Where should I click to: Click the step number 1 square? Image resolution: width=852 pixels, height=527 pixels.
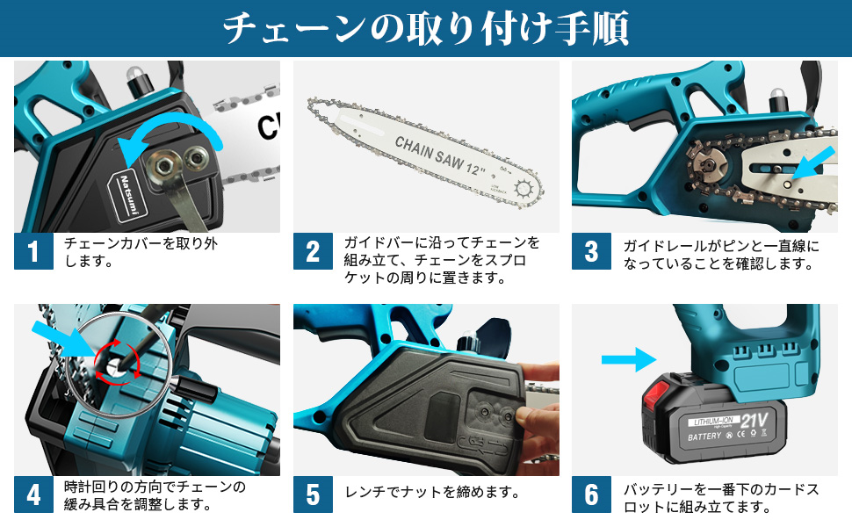(x=33, y=251)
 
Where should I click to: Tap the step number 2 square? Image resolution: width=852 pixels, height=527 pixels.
(x=313, y=251)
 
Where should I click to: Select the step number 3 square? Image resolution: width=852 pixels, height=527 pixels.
(x=591, y=251)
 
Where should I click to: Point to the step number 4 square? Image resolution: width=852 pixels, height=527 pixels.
(x=33, y=495)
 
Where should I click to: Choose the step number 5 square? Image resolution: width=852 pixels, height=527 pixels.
(x=313, y=495)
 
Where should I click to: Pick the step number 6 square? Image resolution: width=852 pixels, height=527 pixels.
(x=591, y=495)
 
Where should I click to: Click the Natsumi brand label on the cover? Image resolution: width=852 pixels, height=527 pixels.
(x=127, y=195)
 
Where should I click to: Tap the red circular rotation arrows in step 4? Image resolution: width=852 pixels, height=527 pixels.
(x=117, y=360)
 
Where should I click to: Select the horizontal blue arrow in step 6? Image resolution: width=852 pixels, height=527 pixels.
(x=629, y=359)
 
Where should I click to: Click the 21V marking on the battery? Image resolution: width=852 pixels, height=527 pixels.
(x=754, y=420)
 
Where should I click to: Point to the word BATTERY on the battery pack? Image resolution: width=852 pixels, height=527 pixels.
(x=704, y=437)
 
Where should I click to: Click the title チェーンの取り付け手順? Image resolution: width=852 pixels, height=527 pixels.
(x=425, y=29)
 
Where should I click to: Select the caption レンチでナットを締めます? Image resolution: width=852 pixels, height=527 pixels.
(x=432, y=492)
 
